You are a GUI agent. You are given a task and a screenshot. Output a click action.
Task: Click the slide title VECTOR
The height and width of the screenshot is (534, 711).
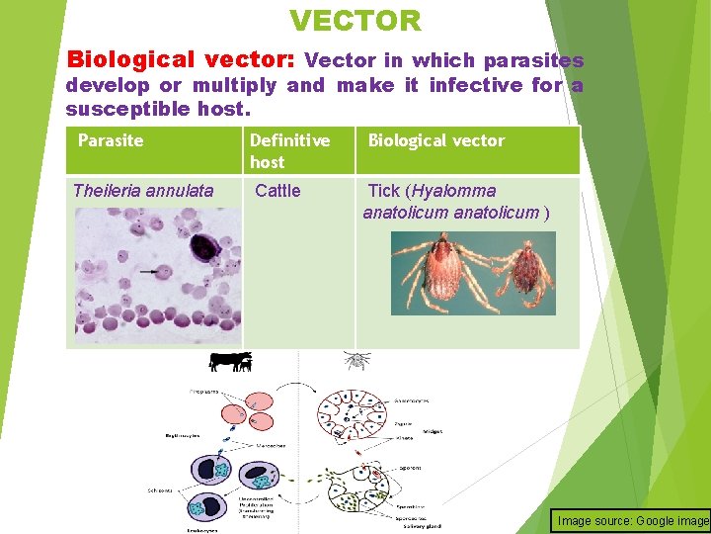(x=355, y=20)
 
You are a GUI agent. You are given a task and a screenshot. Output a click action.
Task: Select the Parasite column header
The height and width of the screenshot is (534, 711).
(x=111, y=140)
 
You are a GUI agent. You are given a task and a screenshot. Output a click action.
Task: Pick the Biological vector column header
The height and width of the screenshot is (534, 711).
(x=435, y=140)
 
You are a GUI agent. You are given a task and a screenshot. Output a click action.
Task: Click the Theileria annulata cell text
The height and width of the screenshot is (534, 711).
(x=143, y=191)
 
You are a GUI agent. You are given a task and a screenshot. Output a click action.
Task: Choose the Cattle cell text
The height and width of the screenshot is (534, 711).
(x=277, y=191)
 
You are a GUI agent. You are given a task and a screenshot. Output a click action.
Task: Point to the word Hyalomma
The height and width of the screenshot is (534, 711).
(x=455, y=191)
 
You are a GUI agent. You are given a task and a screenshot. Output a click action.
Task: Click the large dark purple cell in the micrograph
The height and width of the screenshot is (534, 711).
(x=204, y=248)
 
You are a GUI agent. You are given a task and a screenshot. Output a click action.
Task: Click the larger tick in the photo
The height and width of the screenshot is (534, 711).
(x=435, y=271)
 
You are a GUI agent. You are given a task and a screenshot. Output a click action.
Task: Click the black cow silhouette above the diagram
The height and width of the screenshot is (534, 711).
(x=229, y=362)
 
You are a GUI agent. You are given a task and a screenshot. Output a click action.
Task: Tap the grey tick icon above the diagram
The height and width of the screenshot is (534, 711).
(x=356, y=360)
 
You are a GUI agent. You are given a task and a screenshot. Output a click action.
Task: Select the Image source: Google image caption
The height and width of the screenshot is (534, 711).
(x=632, y=521)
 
